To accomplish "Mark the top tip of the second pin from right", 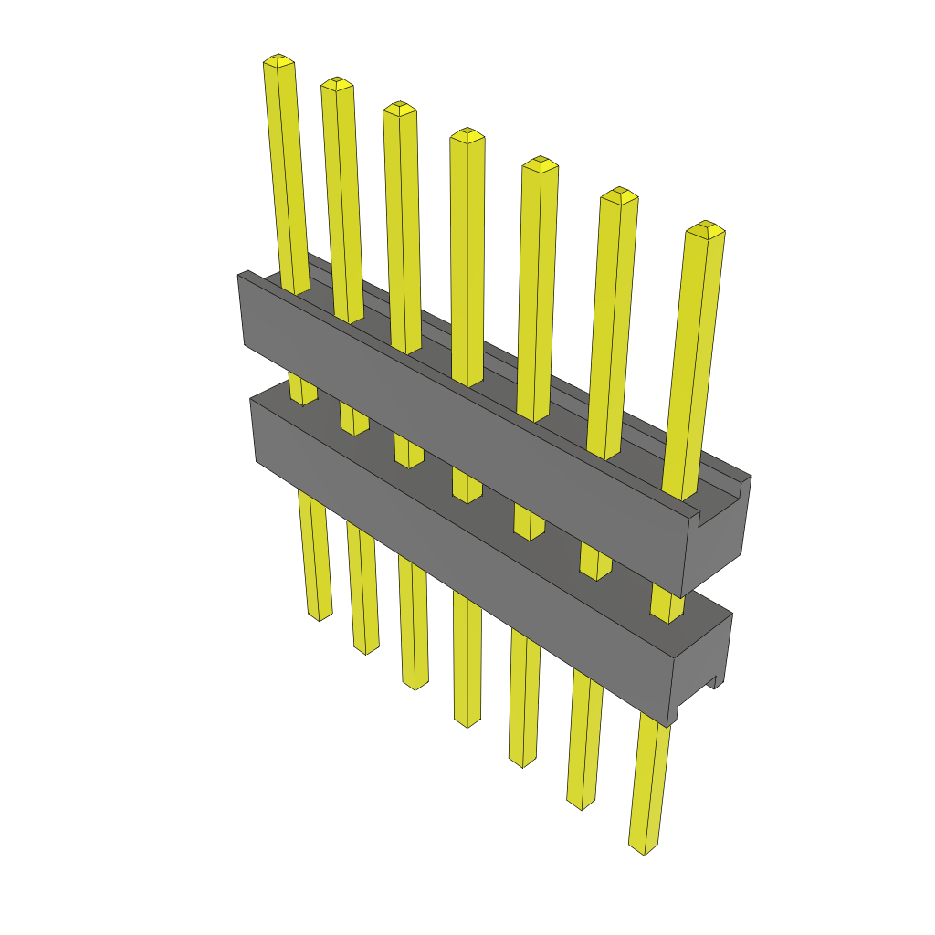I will (x=619, y=194).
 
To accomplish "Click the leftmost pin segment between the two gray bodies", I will (x=302, y=389).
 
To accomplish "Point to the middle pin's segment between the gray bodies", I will (x=467, y=484).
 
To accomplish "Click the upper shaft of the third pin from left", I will (x=403, y=228).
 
